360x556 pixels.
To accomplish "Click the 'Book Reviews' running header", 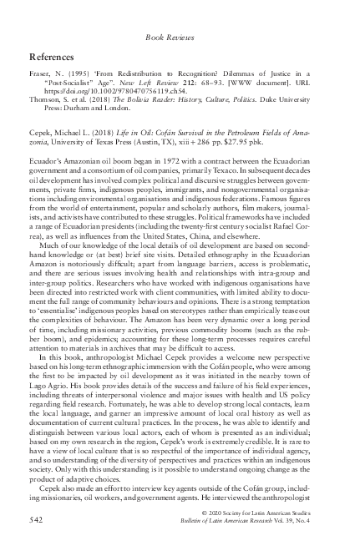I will (180, 38).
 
